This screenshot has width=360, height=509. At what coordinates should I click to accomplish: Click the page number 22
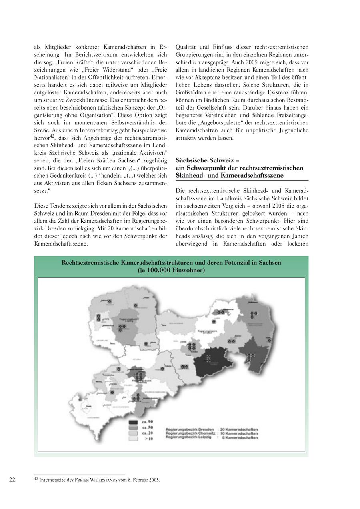(12, 480)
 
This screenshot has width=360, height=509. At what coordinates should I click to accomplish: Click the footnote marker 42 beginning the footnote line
(36, 479)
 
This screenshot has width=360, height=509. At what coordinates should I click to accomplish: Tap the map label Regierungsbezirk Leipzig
(122, 320)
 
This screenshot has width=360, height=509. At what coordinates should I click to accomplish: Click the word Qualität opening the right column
(186, 47)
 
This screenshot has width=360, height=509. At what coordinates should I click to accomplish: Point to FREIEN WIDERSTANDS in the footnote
(98, 480)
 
